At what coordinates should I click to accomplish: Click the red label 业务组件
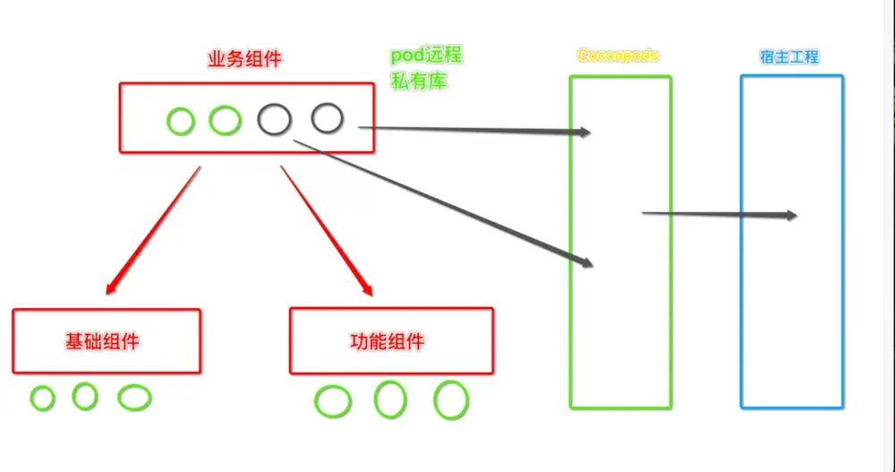click(x=244, y=61)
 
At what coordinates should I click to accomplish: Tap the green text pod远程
click(x=426, y=55)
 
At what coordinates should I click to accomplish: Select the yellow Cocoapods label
click(x=618, y=56)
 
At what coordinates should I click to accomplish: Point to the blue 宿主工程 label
click(x=788, y=57)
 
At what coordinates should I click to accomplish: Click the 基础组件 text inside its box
click(x=103, y=341)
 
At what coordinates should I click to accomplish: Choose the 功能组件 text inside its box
click(x=387, y=341)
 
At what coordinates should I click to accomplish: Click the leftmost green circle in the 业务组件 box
click(x=181, y=121)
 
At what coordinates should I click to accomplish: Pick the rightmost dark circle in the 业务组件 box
click(x=327, y=117)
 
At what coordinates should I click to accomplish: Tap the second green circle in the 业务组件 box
click(x=225, y=120)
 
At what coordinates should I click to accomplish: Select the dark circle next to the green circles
click(x=274, y=119)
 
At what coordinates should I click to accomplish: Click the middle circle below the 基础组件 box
click(x=85, y=396)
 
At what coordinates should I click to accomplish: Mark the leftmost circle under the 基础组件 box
click(x=42, y=399)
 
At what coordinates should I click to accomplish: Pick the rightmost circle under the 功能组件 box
click(x=451, y=400)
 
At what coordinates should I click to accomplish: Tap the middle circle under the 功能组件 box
click(x=390, y=399)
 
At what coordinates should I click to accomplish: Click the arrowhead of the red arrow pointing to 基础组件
click(x=110, y=289)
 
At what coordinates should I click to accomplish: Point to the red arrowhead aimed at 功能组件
click(x=367, y=290)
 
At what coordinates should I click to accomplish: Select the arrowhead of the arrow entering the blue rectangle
click(x=790, y=215)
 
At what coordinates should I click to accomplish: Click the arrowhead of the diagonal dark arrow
click(x=586, y=263)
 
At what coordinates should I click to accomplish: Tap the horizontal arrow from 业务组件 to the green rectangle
click(x=474, y=131)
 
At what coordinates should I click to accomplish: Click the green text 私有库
click(x=418, y=82)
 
